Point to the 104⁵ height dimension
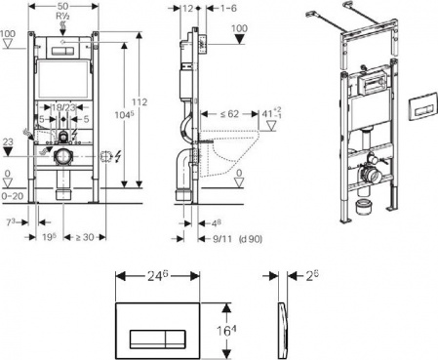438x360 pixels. (125, 114)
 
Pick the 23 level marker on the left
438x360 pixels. (8, 141)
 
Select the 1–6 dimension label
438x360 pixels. (227, 7)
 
